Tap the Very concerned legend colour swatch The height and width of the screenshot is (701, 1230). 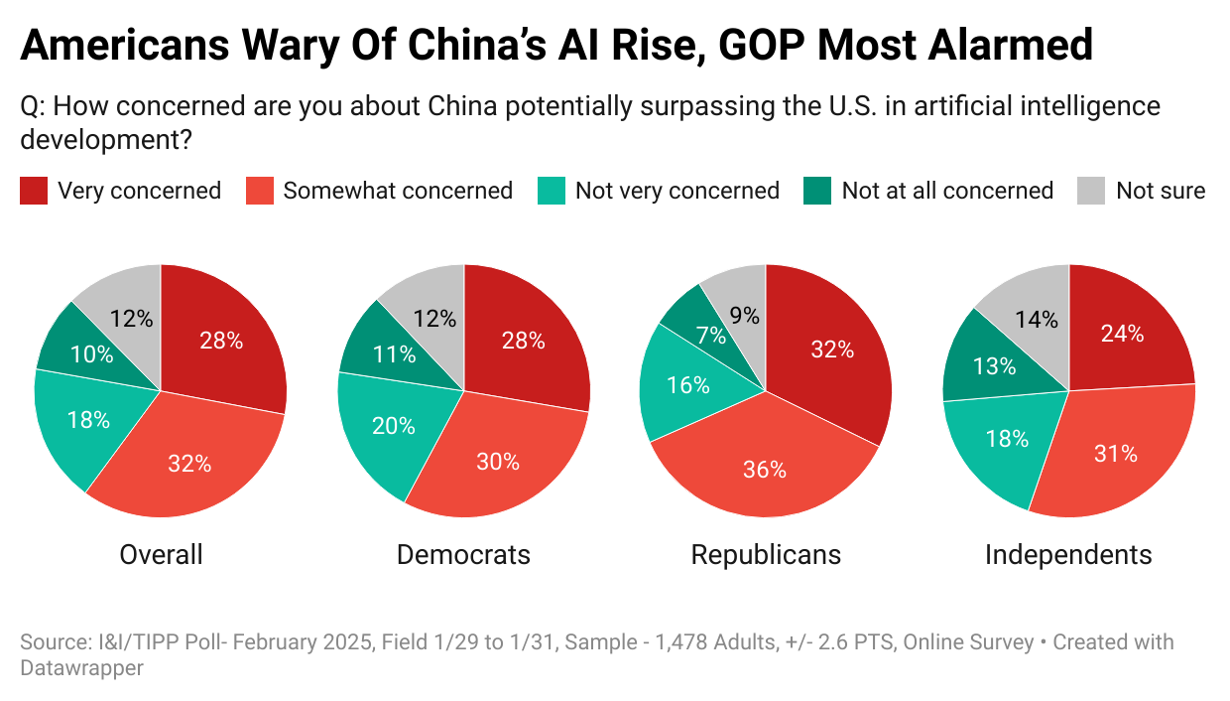pyautogui.click(x=34, y=191)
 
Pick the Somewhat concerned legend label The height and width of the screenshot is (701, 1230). pyautogui.click(x=398, y=191)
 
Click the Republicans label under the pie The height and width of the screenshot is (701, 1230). pyautogui.click(x=766, y=554)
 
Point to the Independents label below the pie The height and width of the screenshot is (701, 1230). pyautogui.click(x=1068, y=554)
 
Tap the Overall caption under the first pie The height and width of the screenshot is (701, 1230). pyautogui.click(x=161, y=554)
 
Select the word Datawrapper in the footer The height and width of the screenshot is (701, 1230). pyautogui.click(x=81, y=668)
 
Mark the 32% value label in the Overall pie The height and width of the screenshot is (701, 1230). pyautogui.click(x=188, y=464)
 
